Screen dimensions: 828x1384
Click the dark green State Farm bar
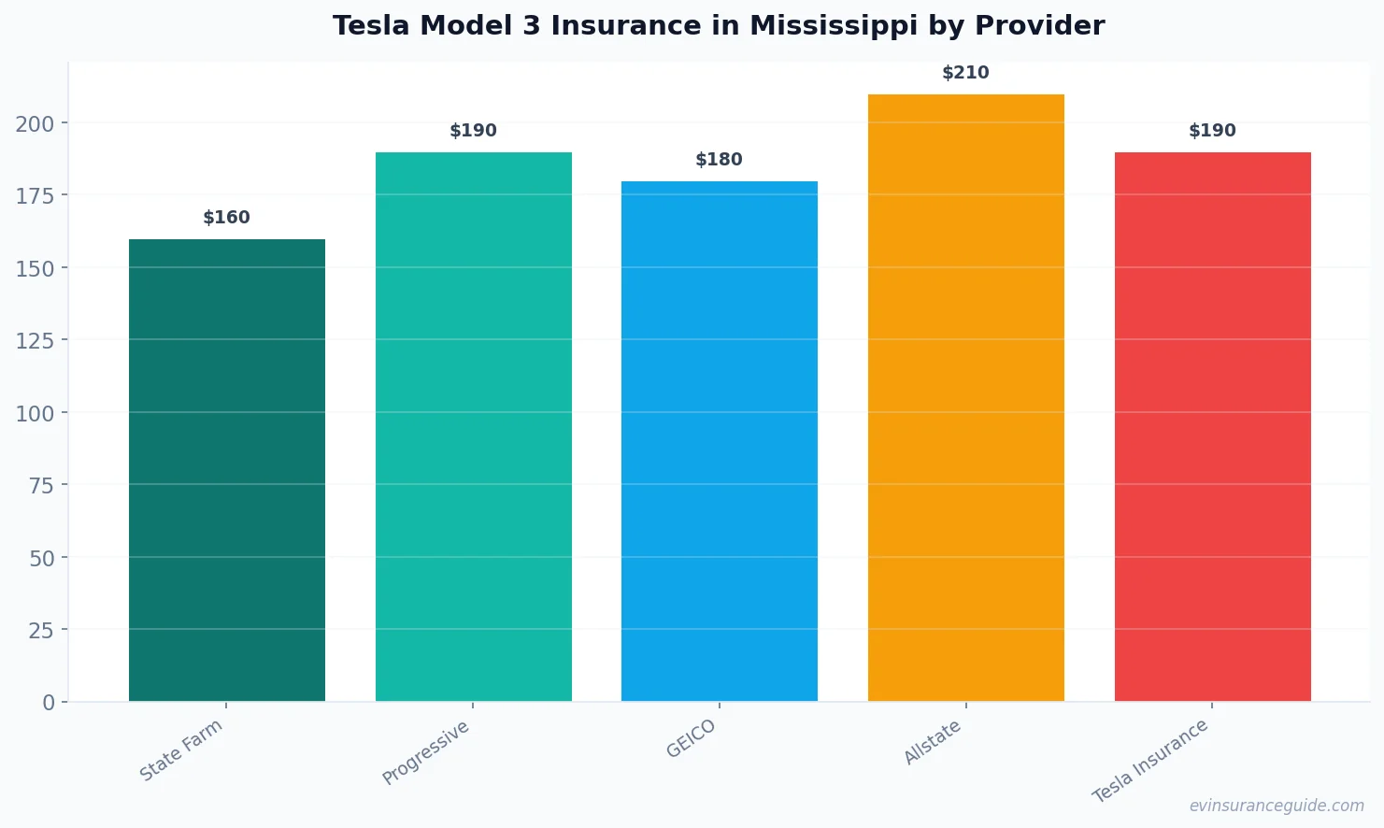(227, 470)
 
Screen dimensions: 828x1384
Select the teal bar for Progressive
(473, 426)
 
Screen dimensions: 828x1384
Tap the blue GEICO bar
(720, 441)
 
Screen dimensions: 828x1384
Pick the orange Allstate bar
(965, 397)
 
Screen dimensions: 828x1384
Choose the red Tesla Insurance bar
(1212, 426)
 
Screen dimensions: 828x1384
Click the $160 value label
(227, 218)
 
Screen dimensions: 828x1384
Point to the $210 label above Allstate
(965, 73)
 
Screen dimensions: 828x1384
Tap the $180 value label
(720, 160)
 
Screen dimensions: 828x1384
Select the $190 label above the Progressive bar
(473, 131)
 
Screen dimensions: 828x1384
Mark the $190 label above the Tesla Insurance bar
(1212, 131)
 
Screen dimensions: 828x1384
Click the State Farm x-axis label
(181, 749)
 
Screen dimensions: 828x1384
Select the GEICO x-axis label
(692, 738)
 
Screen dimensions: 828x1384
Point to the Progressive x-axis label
(426, 752)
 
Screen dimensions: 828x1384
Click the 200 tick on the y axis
(35, 123)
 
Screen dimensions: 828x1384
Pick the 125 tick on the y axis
(35, 341)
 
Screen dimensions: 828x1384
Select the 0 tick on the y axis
(49, 703)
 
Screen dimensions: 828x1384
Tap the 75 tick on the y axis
(41, 485)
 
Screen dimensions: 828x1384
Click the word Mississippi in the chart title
(820, 26)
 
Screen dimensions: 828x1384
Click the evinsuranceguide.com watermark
(1277, 806)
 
